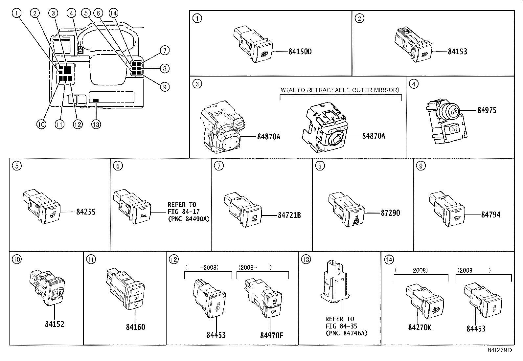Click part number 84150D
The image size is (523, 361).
[x=300, y=52]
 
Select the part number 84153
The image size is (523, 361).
[x=457, y=52]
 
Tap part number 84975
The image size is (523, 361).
[x=487, y=110]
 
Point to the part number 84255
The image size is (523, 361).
[x=86, y=212]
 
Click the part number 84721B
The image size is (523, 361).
[x=289, y=215]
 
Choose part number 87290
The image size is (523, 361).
[x=390, y=213]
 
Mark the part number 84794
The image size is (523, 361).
[x=491, y=215]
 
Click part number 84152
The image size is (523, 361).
[x=55, y=324]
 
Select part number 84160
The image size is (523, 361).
[x=135, y=327]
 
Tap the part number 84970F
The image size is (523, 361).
[x=272, y=335]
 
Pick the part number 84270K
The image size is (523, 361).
[x=420, y=328]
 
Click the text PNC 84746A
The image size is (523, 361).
[x=346, y=333]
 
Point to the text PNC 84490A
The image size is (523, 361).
[x=189, y=219]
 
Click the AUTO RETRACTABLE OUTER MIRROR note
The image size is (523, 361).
[x=340, y=90]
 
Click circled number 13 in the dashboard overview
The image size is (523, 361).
[x=96, y=124]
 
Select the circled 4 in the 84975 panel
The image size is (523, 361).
[x=414, y=84]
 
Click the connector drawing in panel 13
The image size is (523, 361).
[x=334, y=282]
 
